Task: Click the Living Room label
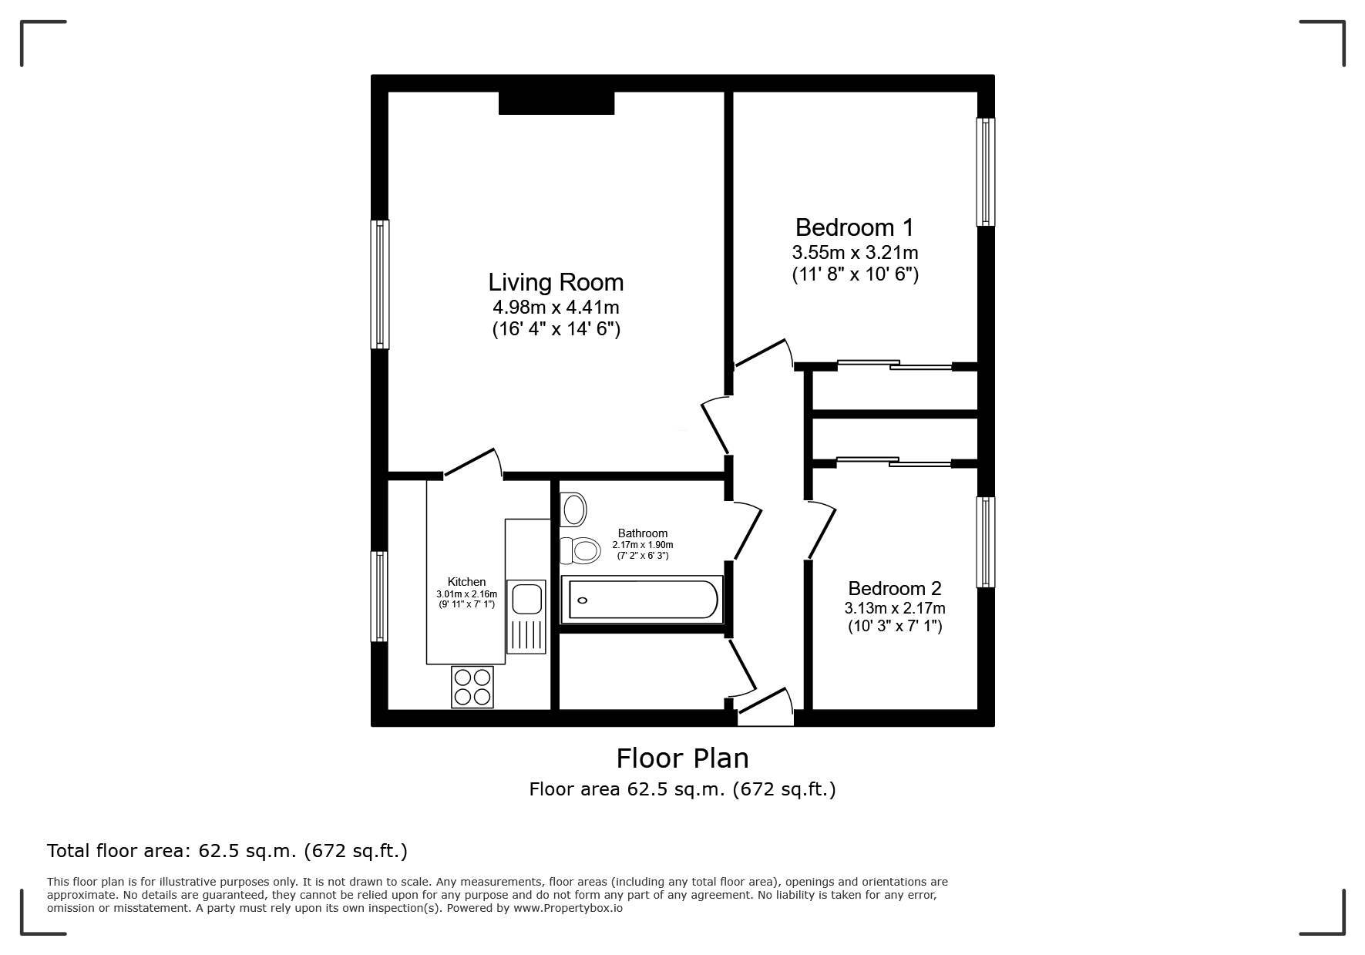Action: tap(556, 282)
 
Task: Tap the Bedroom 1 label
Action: tap(854, 227)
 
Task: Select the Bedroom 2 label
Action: tap(895, 588)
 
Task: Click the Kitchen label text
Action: tap(467, 582)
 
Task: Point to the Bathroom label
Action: tap(643, 533)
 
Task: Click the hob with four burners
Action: tap(472, 687)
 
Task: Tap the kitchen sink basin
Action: tap(526, 600)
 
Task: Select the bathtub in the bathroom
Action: tap(643, 600)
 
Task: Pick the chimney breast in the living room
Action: tap(556, 103)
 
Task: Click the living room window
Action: tap(379, 284)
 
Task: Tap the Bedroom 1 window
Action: tap(986, 172)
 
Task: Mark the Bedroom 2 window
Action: tap(986, 542)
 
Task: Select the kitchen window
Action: tap(379, 596)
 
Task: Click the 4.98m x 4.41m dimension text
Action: tap(556, 308)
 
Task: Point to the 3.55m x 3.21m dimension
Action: tap(855, 252)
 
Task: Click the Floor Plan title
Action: tap(682, 758)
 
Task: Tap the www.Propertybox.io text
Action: tap(568, 908)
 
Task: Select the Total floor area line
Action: tap(227, 851)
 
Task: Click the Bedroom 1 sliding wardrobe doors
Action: tap(895, 365)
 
